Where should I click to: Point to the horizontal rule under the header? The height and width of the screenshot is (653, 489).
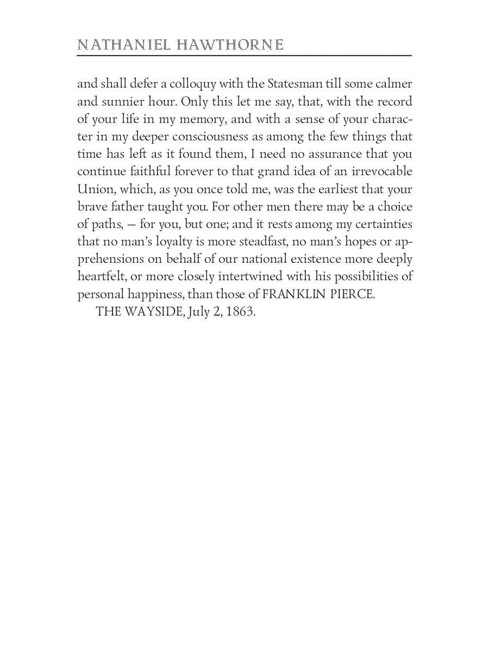[x=244, y=56]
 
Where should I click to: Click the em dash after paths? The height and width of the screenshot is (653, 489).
[x=130, y=225]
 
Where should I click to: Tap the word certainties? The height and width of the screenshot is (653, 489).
[x=380, y=224]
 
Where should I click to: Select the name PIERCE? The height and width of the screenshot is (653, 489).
[x=353, y=294]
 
